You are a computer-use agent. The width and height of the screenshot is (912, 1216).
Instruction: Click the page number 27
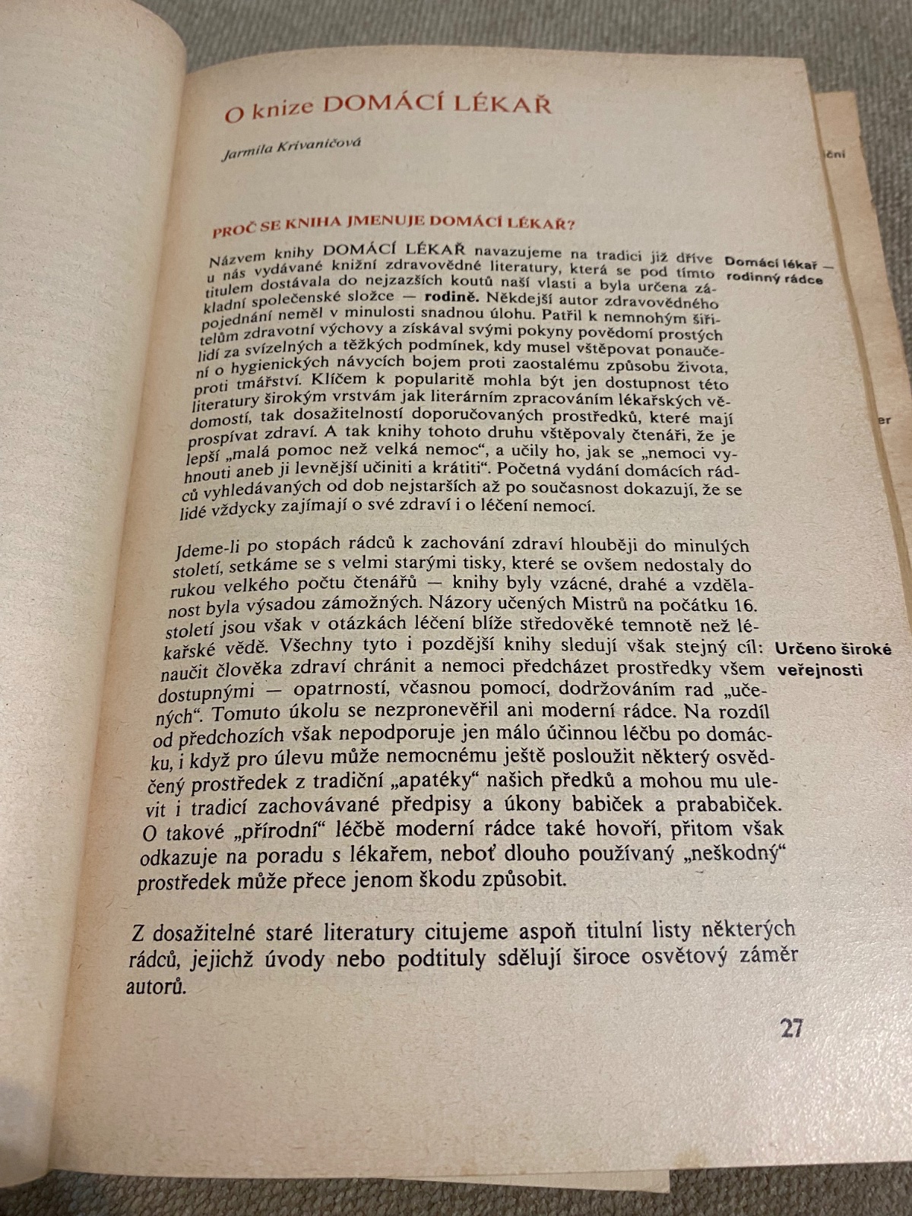pyautogui.click(x=791, y=1028)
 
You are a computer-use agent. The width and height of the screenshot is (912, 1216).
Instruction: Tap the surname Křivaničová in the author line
pyautogui.click(x=318, y=144)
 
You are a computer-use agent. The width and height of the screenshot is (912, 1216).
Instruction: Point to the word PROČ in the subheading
pyautogui.click(x=233, y=230)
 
